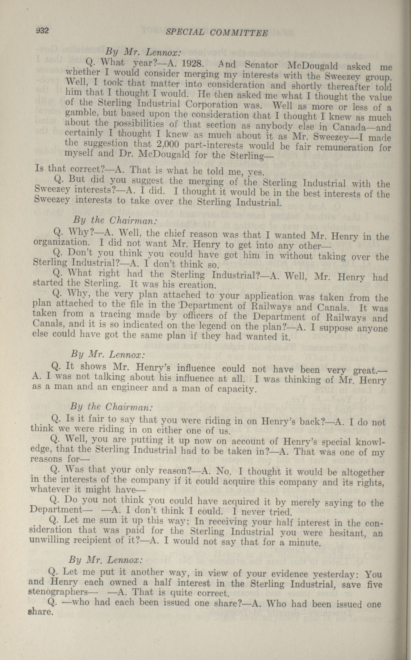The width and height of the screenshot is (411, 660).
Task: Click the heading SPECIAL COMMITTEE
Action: [217, 33]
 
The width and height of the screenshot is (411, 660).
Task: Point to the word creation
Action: [197, 285]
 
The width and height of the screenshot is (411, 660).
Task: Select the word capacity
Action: [235, 389]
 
